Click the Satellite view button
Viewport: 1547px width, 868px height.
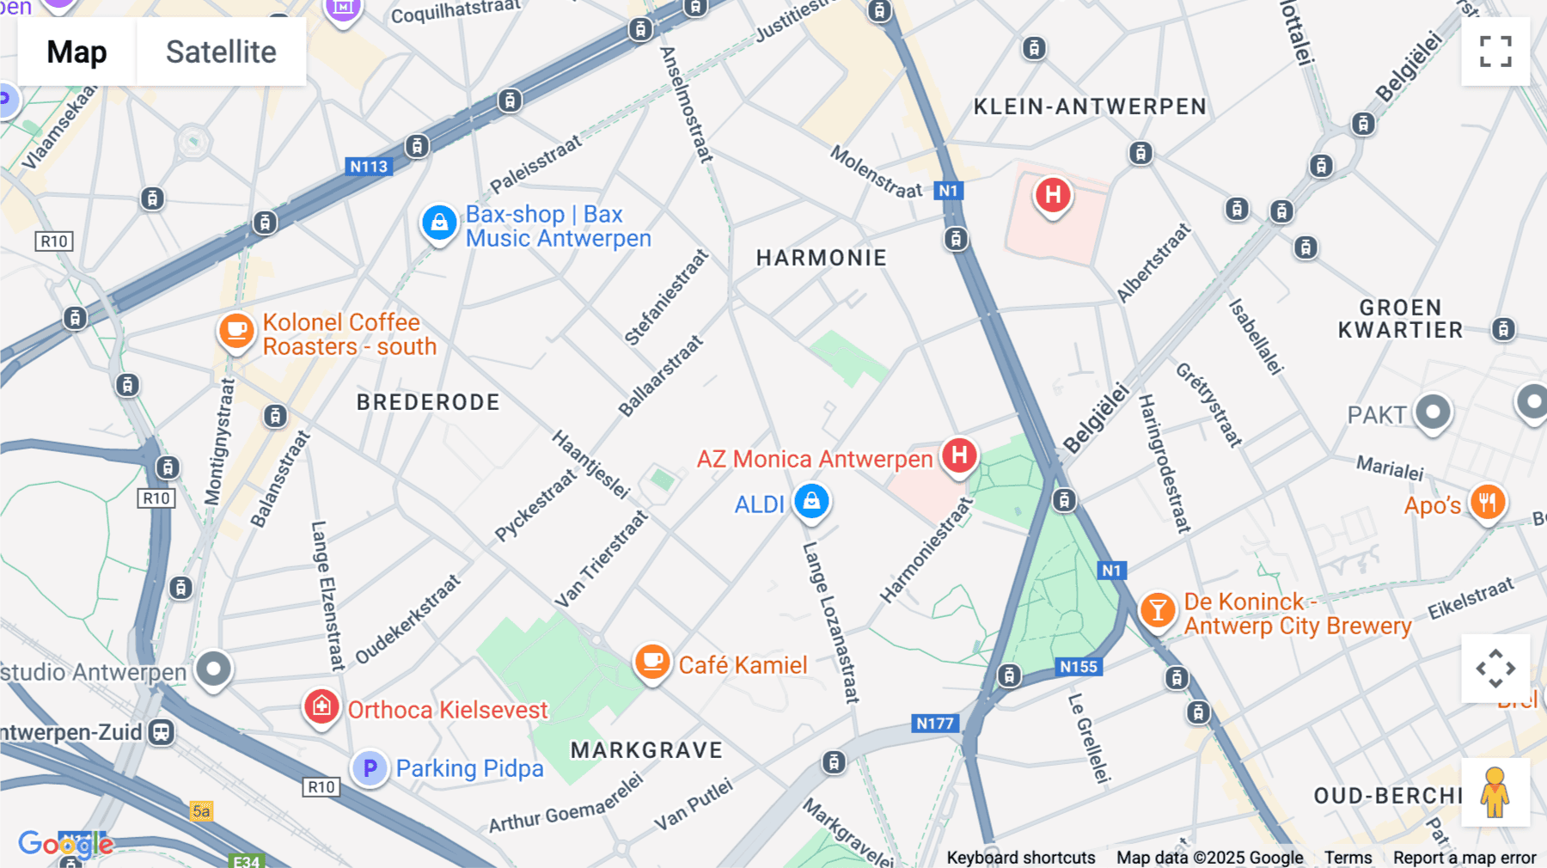[221, 52]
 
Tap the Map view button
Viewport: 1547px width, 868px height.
[76, 52]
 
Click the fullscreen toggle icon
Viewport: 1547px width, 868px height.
[1495, 52]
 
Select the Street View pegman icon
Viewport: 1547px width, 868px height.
[1495, 792]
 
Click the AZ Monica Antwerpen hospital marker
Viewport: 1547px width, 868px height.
[959, 455]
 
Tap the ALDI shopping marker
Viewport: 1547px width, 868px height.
[811, 501]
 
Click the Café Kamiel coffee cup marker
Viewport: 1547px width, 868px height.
[652, 662]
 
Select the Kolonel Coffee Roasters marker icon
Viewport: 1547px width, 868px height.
[236, 331]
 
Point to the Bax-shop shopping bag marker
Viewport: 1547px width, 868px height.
[439, 223]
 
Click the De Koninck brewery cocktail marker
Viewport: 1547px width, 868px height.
[1157, 610]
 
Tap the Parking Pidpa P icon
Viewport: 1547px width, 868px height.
[370, 767]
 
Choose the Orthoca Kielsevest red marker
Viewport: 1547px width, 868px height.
[321, 707]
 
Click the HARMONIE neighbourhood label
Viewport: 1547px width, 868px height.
[821, 258]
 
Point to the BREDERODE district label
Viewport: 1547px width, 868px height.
[428, 402]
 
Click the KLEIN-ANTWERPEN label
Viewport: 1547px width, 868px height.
[1090, 107]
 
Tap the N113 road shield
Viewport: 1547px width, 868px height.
[369, 167]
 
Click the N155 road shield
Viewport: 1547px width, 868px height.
[1078, 667]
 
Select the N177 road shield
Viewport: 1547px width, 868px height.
[934, 724]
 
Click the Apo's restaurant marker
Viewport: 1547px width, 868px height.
[1488, 502]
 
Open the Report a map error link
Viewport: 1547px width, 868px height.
[1464, 858]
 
